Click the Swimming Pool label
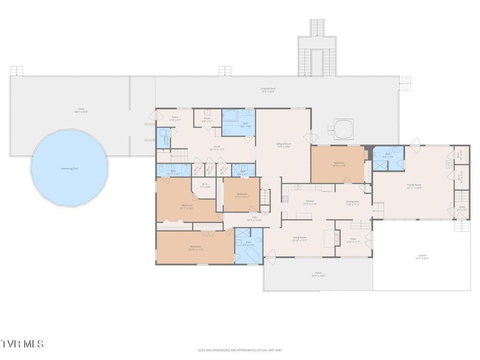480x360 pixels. click(x=69, y=169)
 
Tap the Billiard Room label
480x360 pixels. click(x=283, y=145)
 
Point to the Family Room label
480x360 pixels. click(x=414, y=186)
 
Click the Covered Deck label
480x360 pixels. click(x=268, y=90)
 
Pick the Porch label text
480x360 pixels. click(x=318, y=274)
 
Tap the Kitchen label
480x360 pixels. click(x=310, y=202)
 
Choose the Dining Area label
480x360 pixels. click(x=353, y=202)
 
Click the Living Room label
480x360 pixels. click(x=299, y=238)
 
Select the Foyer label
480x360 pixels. click(x=353, y=240)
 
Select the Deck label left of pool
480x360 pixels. click(x=81, y=110)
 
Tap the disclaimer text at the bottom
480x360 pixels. click(x=239, y=350)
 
